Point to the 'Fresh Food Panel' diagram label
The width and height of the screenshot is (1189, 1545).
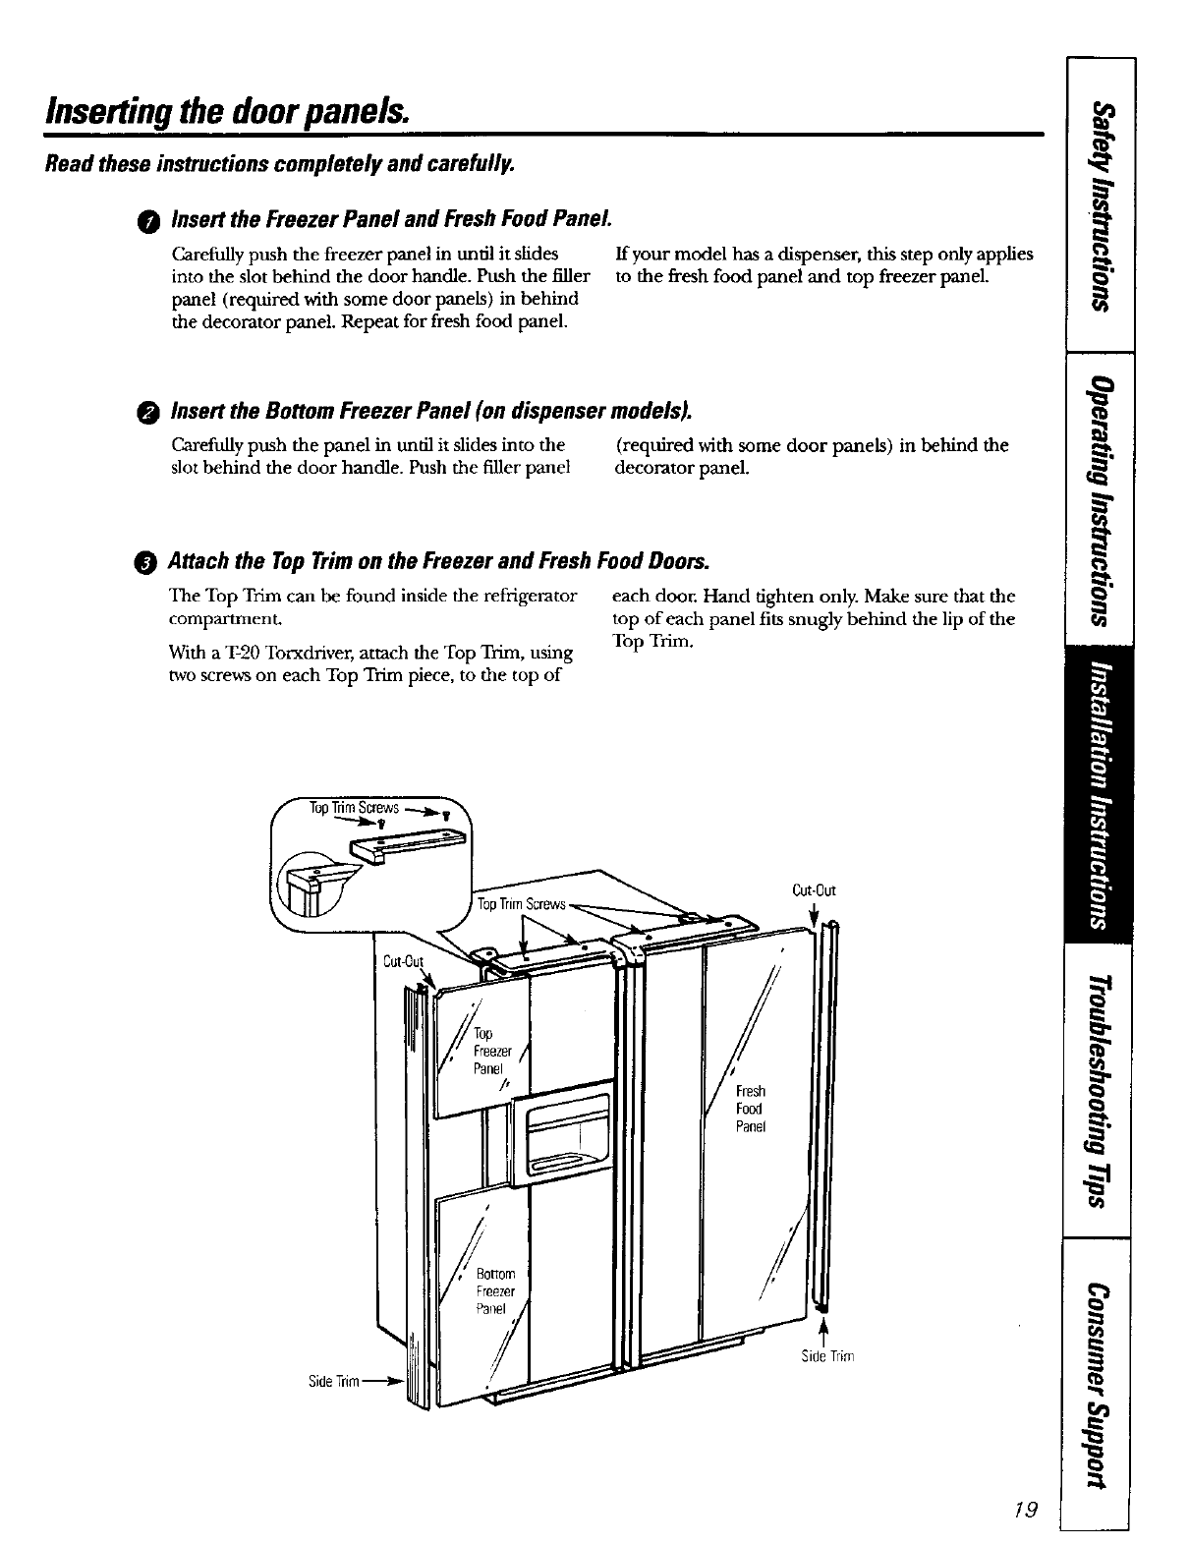click(x=751, y=1109)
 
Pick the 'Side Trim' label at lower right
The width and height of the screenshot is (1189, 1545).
click(x=829, y=1357)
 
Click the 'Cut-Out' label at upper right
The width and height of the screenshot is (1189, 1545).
click(x=814, y=891)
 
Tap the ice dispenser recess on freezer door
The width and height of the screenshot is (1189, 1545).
click(x=567, y=1127)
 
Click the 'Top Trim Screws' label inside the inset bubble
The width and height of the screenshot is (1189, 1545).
click(x=354, y=808)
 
